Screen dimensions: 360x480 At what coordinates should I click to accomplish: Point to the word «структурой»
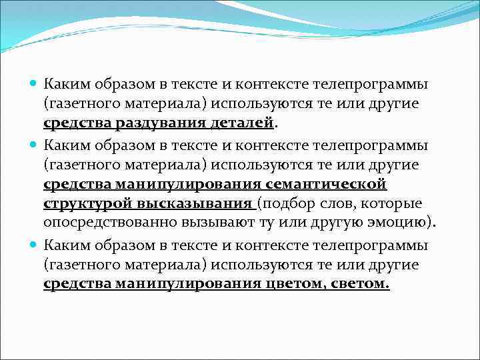tap(81, 203)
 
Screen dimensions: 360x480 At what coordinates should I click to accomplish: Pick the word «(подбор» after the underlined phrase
tap(284, 203)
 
